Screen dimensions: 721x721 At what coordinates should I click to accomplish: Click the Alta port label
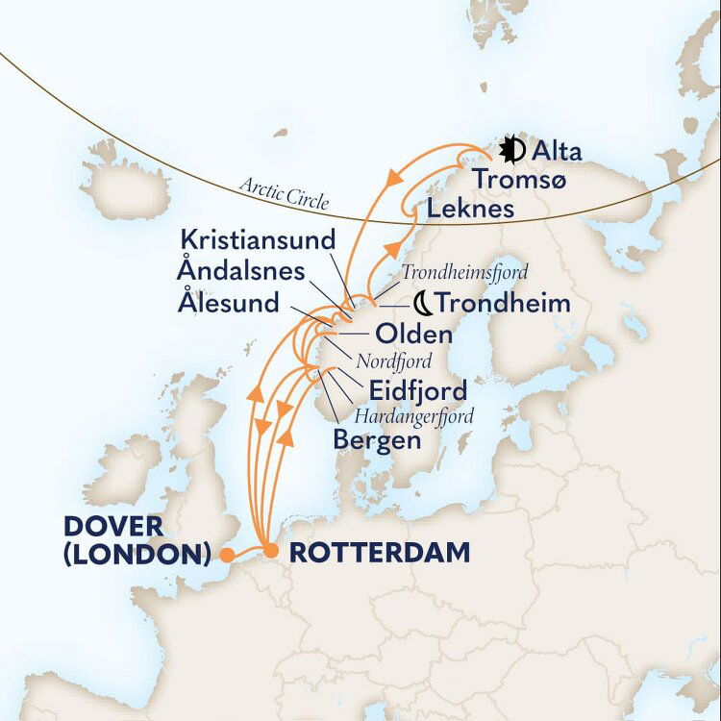tap(557, 151)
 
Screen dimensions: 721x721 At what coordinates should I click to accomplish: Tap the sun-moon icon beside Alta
tap(512, 150)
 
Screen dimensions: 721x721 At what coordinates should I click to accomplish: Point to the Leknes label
tap(472, 209)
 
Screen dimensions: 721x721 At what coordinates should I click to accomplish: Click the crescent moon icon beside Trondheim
tap(422, 304)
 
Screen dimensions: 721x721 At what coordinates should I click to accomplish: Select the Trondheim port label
tap(503, 304)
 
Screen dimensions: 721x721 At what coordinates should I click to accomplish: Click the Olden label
tap(412, 335)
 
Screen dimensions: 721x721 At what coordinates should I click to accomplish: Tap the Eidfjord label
tap(418, 390)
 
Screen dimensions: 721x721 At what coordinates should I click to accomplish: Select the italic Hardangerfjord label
tap(414, 417)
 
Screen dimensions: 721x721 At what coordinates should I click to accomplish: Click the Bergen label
tap(377, 441)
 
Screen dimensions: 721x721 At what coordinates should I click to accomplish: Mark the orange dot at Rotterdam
tap(272, 552)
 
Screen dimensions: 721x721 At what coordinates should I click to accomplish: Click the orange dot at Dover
tap(226, 554)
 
